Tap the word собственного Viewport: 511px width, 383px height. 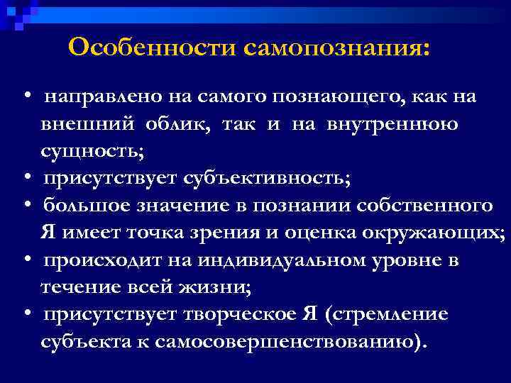[x=431, y=206]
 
